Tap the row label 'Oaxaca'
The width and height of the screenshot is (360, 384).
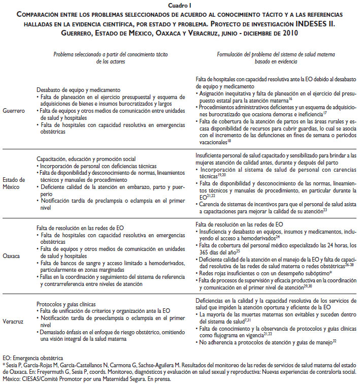pos(13,256)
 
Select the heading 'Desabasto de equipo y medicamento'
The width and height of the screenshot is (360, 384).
pos(78,89)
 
